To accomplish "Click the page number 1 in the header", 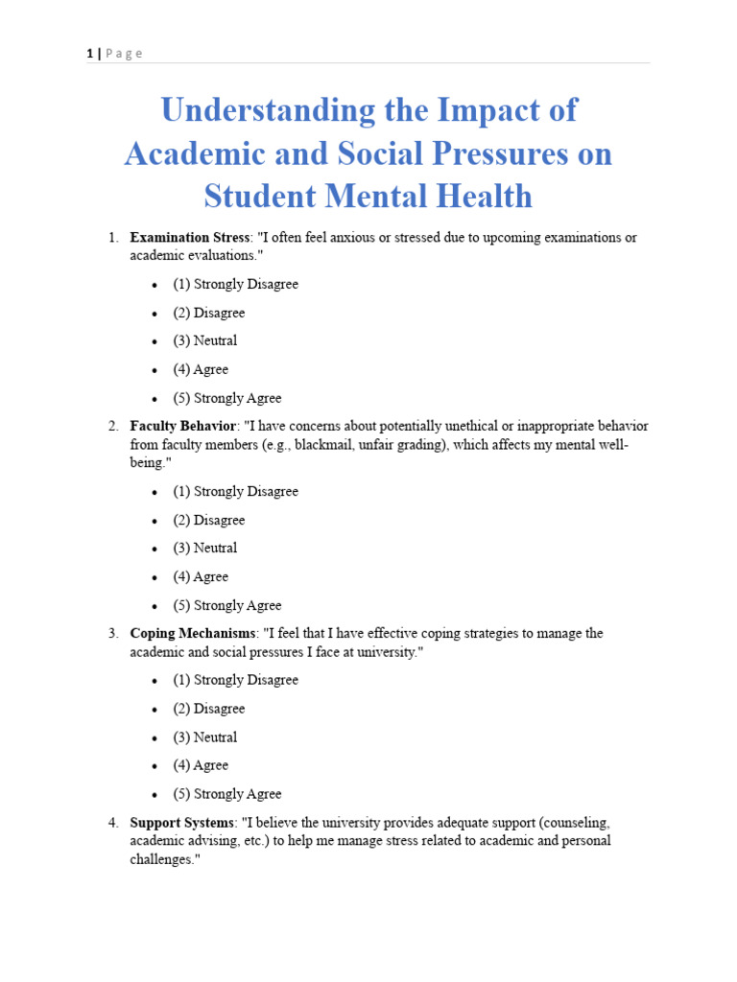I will point(89,54).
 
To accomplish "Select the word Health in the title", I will point(475,196).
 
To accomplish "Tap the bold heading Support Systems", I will point(181,823).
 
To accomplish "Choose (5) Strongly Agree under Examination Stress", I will point(227,398).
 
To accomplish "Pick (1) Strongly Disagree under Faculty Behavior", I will point(235,491).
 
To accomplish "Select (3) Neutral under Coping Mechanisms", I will point(204,737).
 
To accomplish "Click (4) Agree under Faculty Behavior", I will point(201,576).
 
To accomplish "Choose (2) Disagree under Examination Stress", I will point(208,313).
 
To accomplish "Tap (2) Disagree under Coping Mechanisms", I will point(208,709).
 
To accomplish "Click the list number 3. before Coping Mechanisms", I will point(112,634).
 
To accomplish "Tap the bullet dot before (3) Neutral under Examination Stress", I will point(155,341).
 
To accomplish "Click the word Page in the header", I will point(124,54).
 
